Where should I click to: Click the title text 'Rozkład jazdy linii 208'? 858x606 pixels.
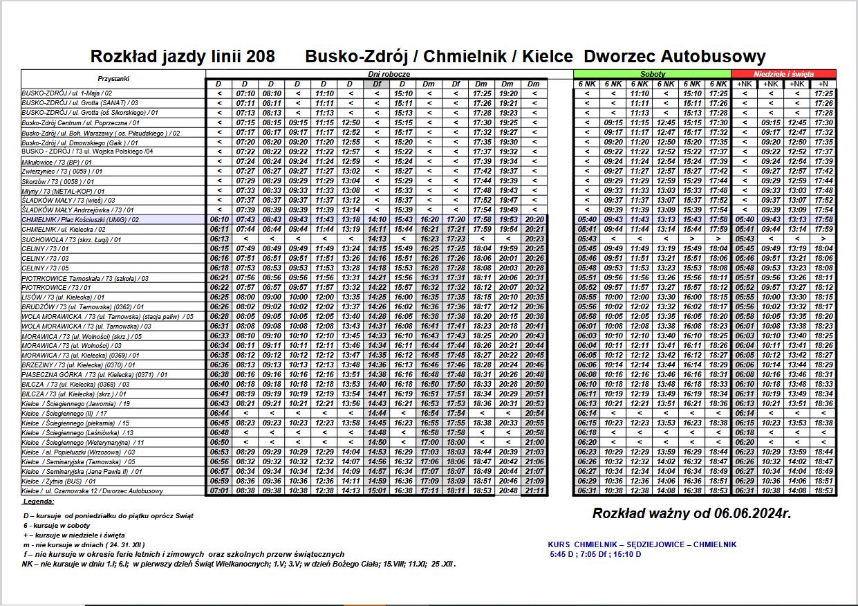(183, 57)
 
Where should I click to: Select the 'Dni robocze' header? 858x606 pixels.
(389, 73)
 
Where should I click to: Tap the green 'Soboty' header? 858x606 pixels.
(653, 73)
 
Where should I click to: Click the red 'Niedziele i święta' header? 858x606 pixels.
(783, 73)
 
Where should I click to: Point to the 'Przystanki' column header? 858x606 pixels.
(113, 79)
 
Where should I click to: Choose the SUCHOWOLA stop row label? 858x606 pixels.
(71, 239)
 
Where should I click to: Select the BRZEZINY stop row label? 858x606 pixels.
(79, 365)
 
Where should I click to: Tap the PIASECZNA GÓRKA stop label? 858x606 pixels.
(94, 374)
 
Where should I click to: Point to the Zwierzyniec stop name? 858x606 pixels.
(62, 172)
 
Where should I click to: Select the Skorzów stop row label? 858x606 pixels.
(62, 181)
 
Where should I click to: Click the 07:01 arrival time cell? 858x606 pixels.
(218, 490)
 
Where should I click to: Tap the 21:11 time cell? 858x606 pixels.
(534, 490)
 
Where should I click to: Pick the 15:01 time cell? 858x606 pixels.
(377, 490)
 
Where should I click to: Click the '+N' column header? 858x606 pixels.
(823, 84)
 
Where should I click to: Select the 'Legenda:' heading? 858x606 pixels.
(39, 501)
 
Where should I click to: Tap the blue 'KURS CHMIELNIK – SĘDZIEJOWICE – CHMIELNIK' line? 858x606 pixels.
(642, 544)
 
